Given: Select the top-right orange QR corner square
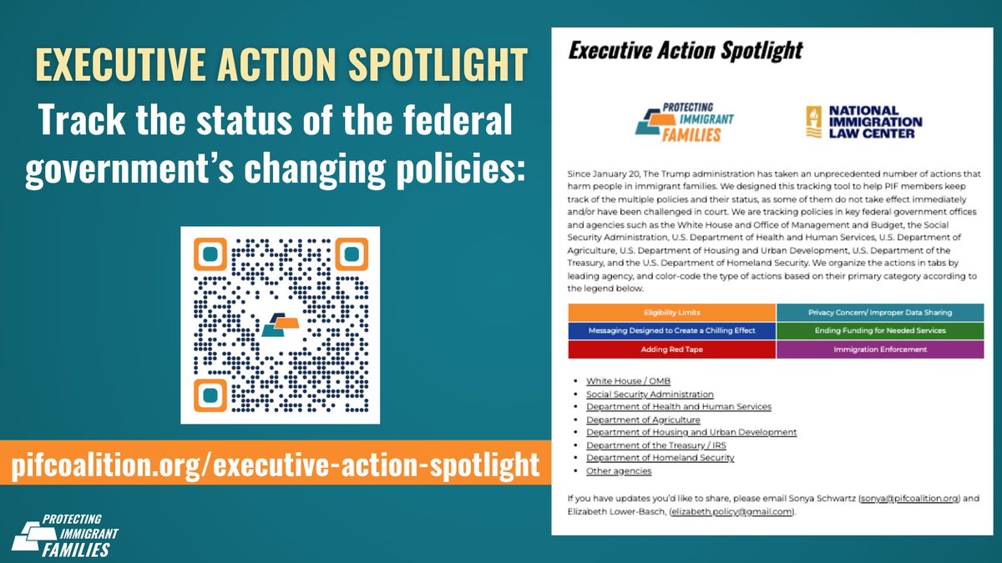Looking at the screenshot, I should coord(351,254).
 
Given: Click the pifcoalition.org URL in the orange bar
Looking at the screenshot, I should coord(276,465).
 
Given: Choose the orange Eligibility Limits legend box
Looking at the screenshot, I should coord(671,313).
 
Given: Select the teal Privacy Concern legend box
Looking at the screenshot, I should coord(879,313).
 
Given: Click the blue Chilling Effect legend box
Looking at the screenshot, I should coord(671,331).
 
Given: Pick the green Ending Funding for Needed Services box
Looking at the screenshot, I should coord(879,331).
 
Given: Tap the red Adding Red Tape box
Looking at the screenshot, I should coord(671,349).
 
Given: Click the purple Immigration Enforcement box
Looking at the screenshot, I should coord(879,349).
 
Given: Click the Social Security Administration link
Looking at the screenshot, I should coord(650,394).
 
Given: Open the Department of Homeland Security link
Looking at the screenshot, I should coord(660,458).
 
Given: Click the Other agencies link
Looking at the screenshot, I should coord(618,471).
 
